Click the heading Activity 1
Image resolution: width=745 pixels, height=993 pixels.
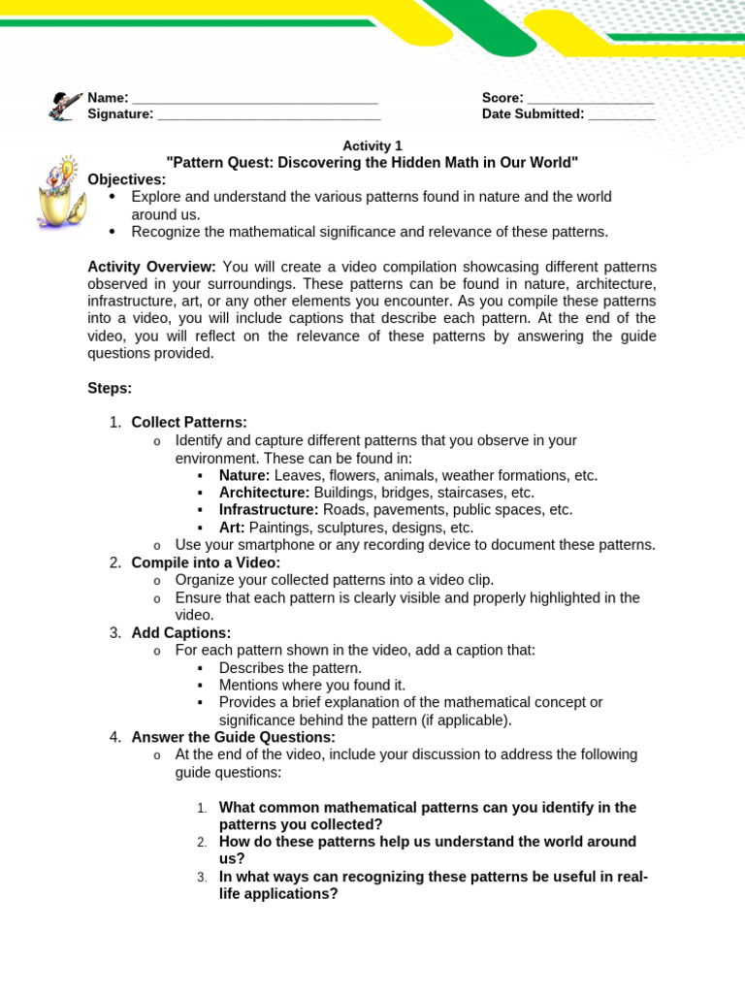pyautogui.click(x=372, y=145)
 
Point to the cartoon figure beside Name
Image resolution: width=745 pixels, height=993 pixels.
pyautogui.click(x=65, y=106)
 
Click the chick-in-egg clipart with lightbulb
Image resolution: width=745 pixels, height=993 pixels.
pyautogui.click(x=57, y=191)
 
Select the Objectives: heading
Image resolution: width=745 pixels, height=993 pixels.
pyautogui.click(x=127, y=179)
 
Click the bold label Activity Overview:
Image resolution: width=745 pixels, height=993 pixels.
pyautogui.click(x=152, y=267)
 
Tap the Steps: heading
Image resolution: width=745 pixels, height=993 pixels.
pyautogui.click(x=110, y=388)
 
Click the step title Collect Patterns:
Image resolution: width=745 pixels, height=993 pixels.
pyautogui.click(x=189, y=422)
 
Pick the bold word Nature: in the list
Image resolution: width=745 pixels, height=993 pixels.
pyautogui.click(x=244, y=475)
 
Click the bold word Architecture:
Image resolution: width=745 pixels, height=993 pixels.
pyautogui.click(x=264, y=493)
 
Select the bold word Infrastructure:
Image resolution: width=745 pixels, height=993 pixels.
pyautogui.click(x=269, y=510)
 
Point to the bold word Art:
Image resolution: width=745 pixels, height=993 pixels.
pyautogui.click(x=232, y=528)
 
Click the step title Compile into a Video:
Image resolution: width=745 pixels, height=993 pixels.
pyautogui.click(x=206, y=562)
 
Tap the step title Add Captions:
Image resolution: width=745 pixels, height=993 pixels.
pyautogui.click(x=181, y=632)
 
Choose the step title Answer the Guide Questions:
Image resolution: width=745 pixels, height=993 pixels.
pyautogui.click(x=233, y=737)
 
